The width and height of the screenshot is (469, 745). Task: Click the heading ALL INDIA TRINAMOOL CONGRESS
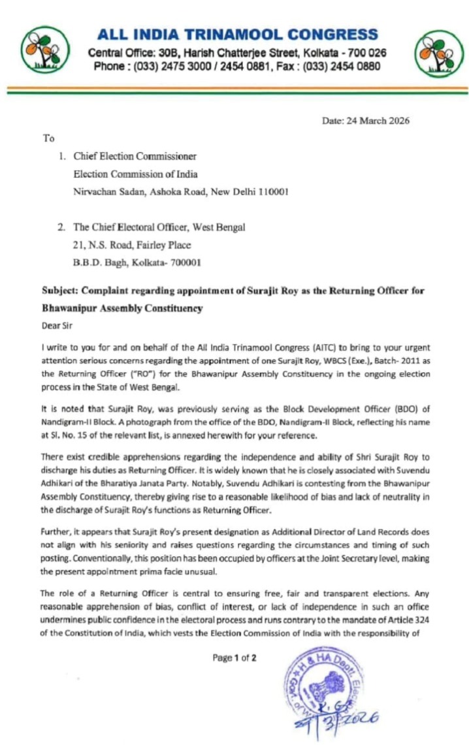point(236,35)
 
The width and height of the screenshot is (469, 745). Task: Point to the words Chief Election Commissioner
point(135,157)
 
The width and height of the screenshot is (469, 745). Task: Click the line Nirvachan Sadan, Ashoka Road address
point(180,192)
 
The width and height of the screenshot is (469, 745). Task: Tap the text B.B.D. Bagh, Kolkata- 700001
point(137,262)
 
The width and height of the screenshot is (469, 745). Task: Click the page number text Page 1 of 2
point(234,658)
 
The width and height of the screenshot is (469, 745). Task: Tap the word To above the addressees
point(49,138)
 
